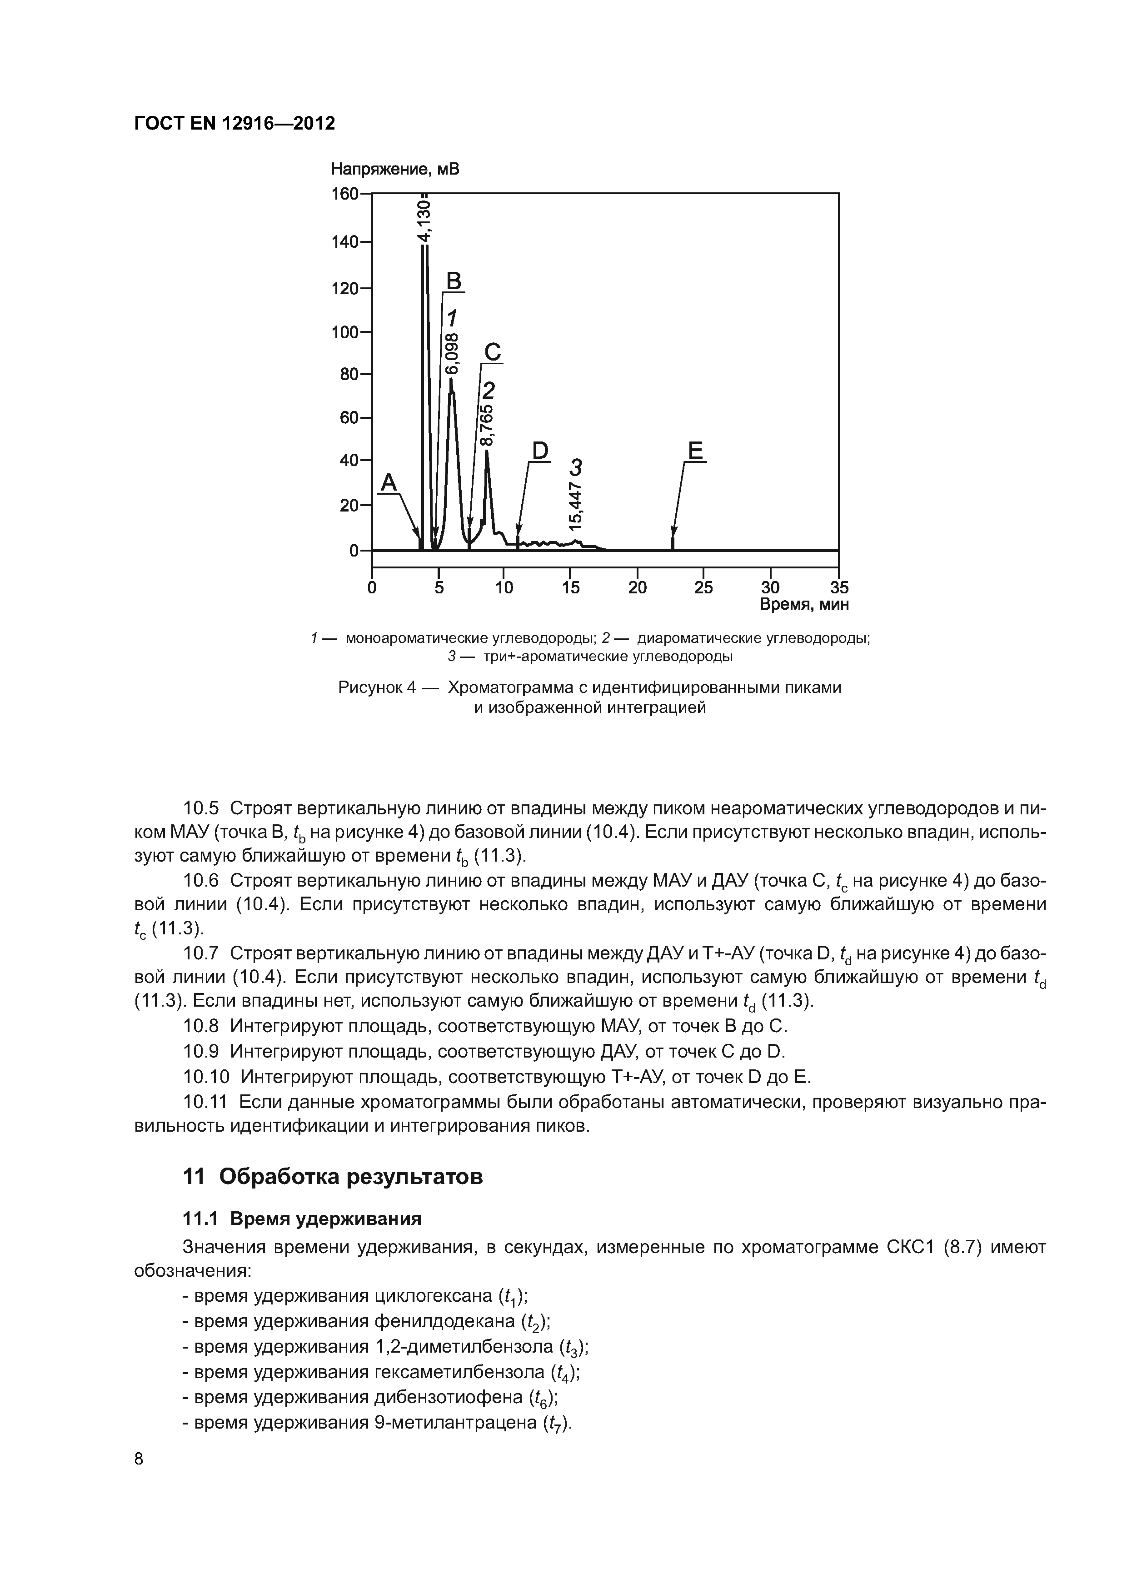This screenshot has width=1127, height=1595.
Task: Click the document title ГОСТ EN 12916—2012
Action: point(234,124)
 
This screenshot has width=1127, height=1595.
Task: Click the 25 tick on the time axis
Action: point(703,588)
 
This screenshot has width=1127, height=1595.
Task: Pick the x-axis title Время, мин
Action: point(804,604)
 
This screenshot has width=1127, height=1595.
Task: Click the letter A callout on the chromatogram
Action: point(389,482)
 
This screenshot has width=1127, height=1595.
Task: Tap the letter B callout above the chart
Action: point(454,281)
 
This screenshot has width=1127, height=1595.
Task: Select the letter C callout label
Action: point(492,352)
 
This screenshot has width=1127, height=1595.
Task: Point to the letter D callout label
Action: point(539,451)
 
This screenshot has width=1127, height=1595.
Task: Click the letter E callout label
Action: point(696,451)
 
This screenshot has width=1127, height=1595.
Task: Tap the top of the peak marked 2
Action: point(487,451)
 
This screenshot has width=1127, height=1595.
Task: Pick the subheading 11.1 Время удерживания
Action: point(302,1219)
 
